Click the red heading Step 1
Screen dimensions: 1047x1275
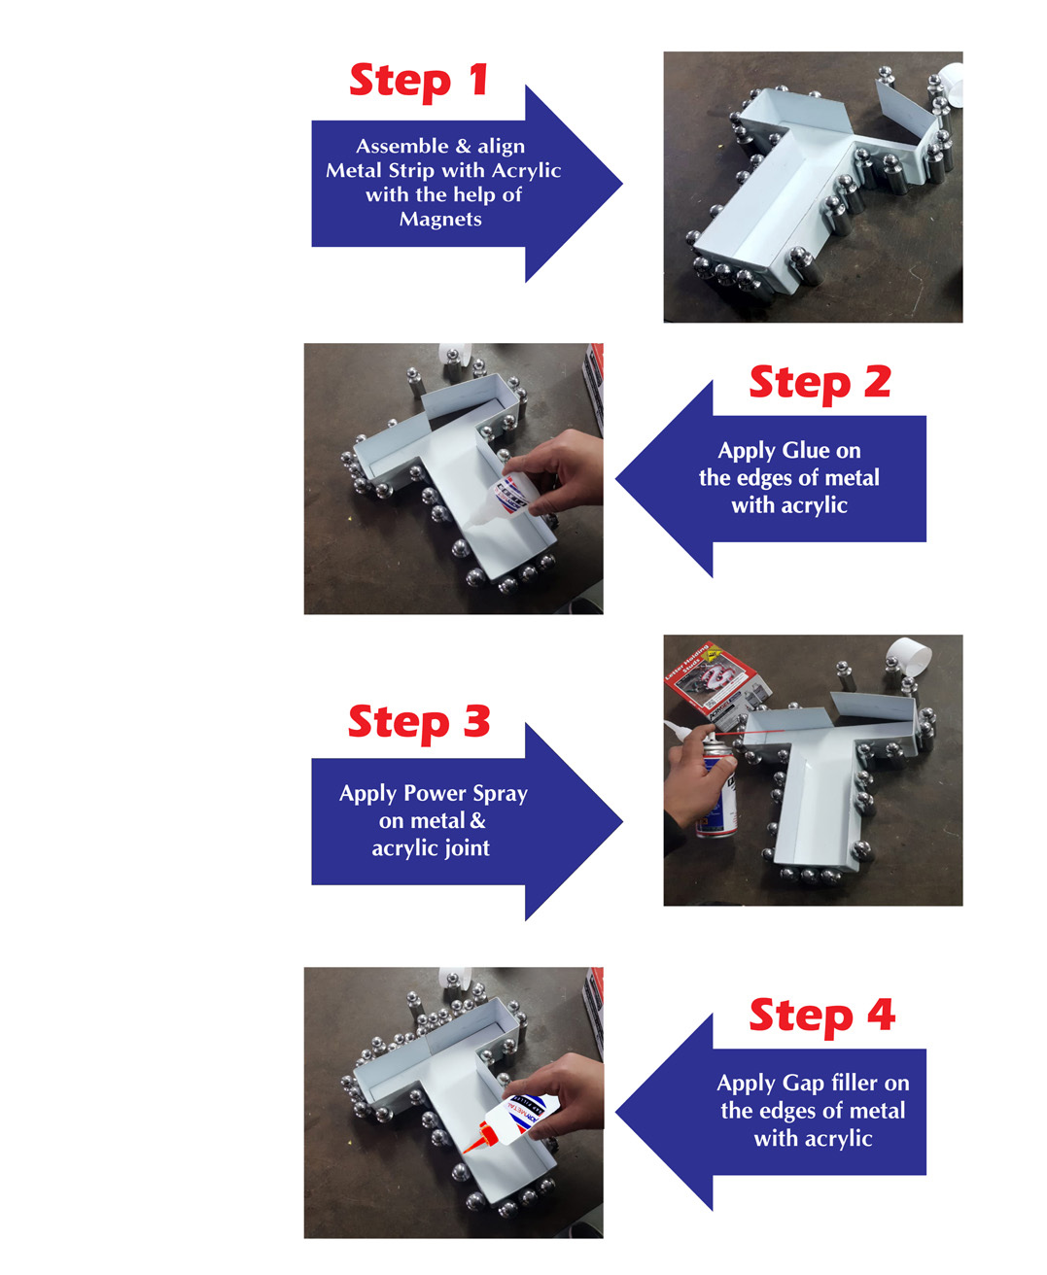point(419,82)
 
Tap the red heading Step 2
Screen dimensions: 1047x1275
point(820,383)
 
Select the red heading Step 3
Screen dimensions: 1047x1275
point(419,723)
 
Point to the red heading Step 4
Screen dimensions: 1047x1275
point(822,1017)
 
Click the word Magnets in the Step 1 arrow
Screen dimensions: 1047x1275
point(440,219)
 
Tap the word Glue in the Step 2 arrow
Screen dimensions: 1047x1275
point(806,450)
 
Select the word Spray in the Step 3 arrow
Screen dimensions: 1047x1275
point(501,794)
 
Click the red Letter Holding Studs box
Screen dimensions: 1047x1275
point(716,682)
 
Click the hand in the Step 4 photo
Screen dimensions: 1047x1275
point(560,1094)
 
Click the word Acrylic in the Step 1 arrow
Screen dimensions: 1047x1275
point(526,171)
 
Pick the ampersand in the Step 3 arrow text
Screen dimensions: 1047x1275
point(477,820)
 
